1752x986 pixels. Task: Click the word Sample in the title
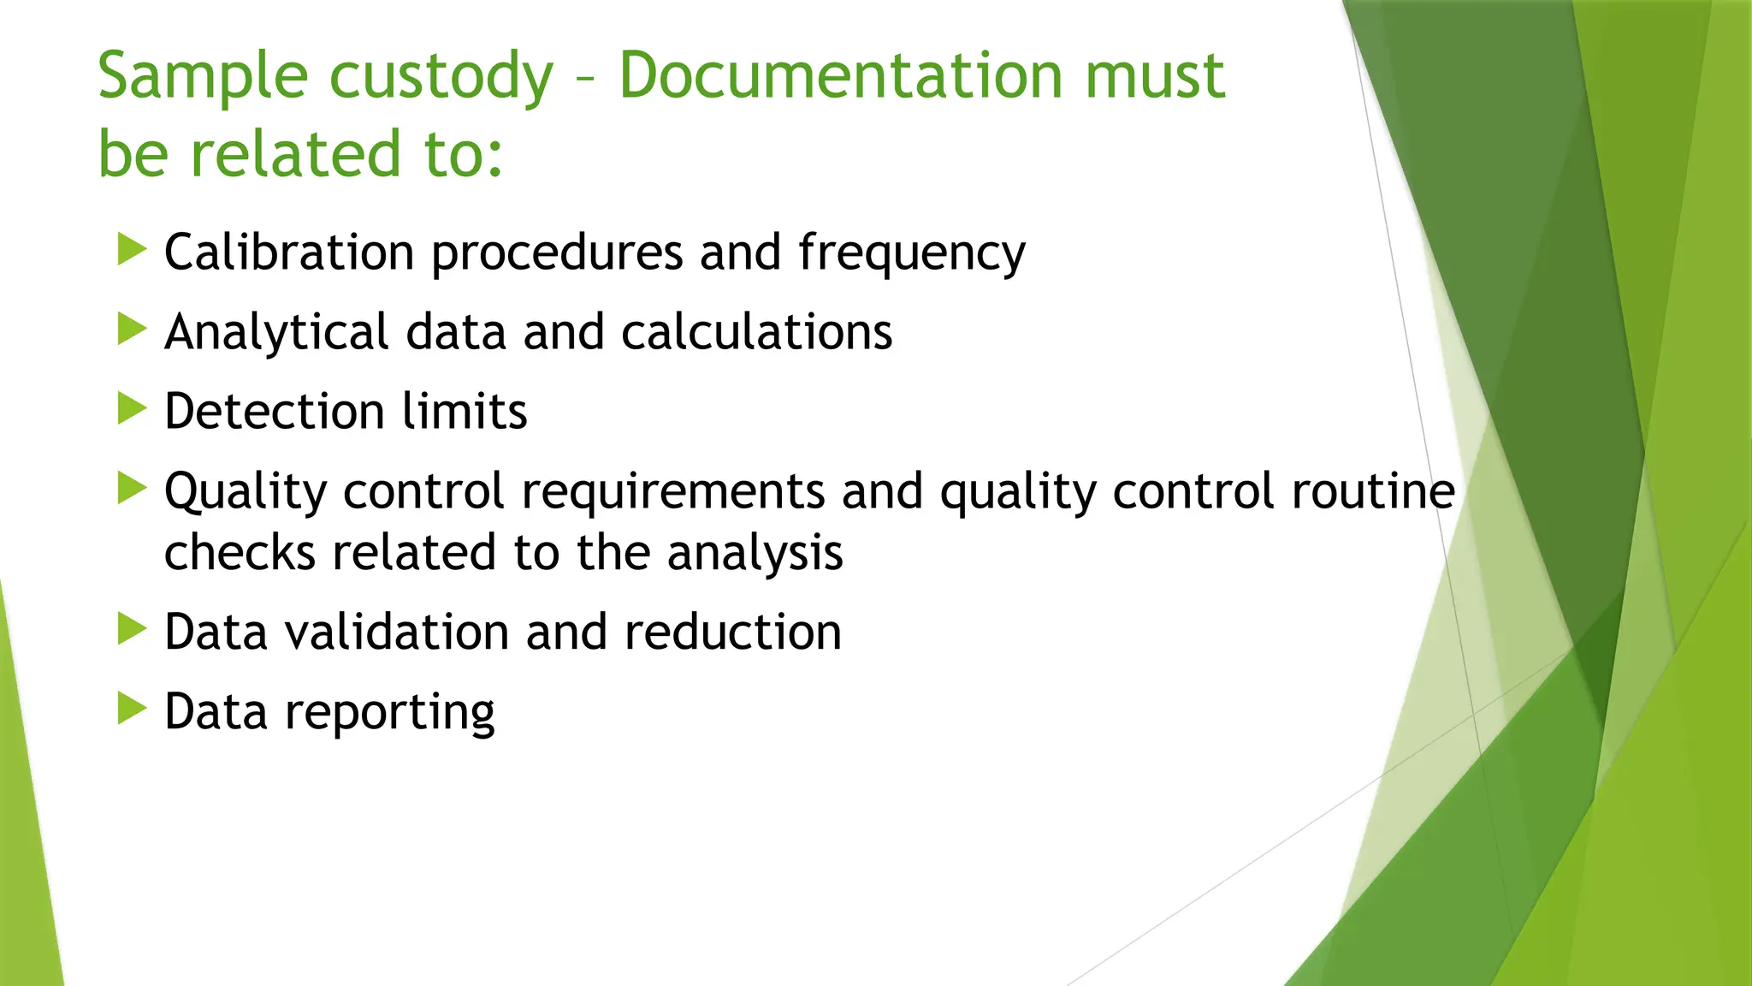[202, 77]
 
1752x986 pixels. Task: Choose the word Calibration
[289, 253]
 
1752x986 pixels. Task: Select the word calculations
[756, 332]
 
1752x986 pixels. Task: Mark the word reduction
[733, 633]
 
